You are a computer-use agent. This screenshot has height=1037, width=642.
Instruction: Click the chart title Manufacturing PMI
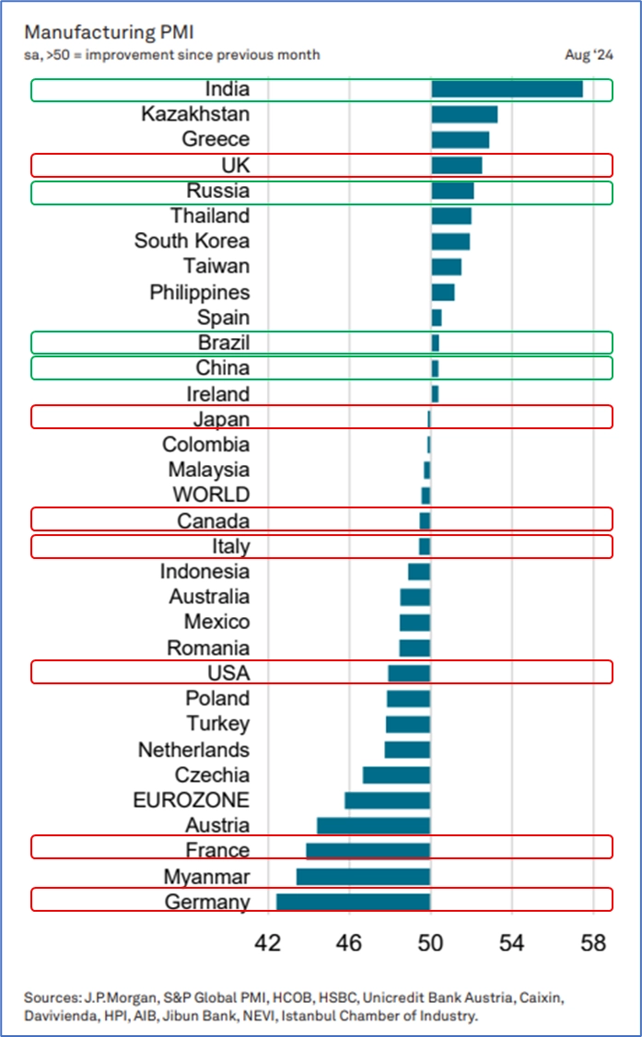(89, 32)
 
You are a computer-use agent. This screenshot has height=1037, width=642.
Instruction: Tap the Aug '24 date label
(589, 55)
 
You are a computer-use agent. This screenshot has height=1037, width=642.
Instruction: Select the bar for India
(507, 89)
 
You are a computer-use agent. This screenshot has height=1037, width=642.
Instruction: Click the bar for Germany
(354, 902)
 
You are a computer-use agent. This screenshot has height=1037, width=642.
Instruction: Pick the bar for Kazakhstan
(464, 114)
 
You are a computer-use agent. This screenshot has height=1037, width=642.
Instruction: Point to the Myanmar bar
(364, 876)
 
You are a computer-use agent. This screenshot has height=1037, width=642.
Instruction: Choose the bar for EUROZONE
(388, 799)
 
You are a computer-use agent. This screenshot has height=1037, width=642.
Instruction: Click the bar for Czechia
(397, 775)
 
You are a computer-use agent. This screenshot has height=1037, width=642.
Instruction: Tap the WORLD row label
(211, 495)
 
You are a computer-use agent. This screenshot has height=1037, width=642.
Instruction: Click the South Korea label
(192, 241)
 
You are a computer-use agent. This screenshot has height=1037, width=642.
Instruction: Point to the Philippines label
(200, 292)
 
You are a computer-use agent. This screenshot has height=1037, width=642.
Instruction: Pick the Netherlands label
(193, 750)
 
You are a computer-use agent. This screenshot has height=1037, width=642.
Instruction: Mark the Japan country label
(221, 419)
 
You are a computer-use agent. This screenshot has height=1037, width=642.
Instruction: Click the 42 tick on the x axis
(268, 944)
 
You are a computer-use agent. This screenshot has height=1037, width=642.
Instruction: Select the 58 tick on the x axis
(594, 944)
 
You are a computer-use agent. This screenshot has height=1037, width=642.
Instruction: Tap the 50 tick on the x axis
(430, 944)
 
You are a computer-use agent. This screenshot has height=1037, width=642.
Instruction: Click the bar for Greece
(461, 140)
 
